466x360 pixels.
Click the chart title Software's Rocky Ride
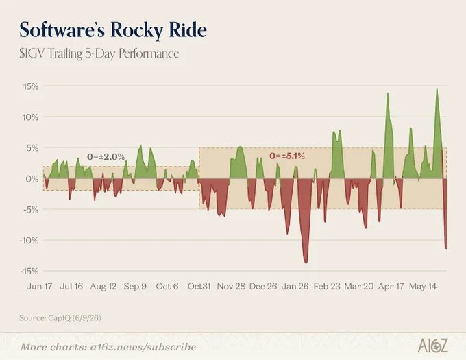[x=113, y=30]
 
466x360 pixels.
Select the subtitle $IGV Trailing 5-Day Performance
[x=99, y=53]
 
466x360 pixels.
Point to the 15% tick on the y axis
[x=31, y=86]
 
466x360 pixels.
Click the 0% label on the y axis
[x=32, y=179]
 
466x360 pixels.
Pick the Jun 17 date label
[x=39, y=286]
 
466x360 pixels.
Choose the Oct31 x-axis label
[x=199, y=286]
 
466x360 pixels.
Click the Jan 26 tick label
[x=295, y=286]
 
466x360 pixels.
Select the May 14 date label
[x=423, y=286]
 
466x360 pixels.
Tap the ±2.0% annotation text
[x=106, y=156]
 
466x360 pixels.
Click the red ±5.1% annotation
[x=287, y=156]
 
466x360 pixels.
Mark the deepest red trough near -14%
[x=306, y=262]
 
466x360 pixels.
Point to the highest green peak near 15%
[x=437, y=89]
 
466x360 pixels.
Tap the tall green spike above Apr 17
[x=388, y=93]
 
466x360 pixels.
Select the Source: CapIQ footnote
[x=60, y=318]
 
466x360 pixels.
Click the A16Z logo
[x=432, y=346]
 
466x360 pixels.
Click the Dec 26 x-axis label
[x=263, y=286]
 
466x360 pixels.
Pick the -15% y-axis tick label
[x=29, y=271]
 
